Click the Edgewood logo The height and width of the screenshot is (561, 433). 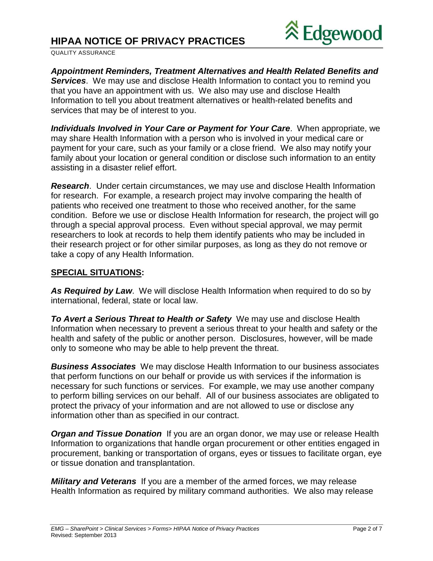pyautogui.click(x=334, y=32)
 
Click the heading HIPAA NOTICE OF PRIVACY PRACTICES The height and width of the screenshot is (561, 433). pyautogui.click(x=148, y=41)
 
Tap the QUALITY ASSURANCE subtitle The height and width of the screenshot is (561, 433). pyautogui.click(x=83, y=53)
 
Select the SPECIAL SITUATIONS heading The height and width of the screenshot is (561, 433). pyautogui.click(x=96, y=273)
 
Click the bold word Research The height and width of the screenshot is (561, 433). pyautogui.click(x=70, y=186)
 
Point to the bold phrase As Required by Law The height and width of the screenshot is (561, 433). pyautogui.click(x=91, y=291)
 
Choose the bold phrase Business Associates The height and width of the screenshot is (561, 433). pyautogui.click(x=93, y=367)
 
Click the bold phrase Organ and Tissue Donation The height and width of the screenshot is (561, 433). pyautogui.click(x=106, y=434)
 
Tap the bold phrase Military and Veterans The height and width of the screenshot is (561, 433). pyautogui.click(x=93, y=481)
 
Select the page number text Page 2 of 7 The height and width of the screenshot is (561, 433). pyautogui.click(x=367, y=529)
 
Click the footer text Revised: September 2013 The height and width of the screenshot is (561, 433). pyautogui.click(x=83, y=535)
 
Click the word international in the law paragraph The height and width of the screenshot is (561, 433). pyautogui.click(x=75, y=301)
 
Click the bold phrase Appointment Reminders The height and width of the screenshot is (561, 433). pyautogui.click(x=101, y=71)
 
